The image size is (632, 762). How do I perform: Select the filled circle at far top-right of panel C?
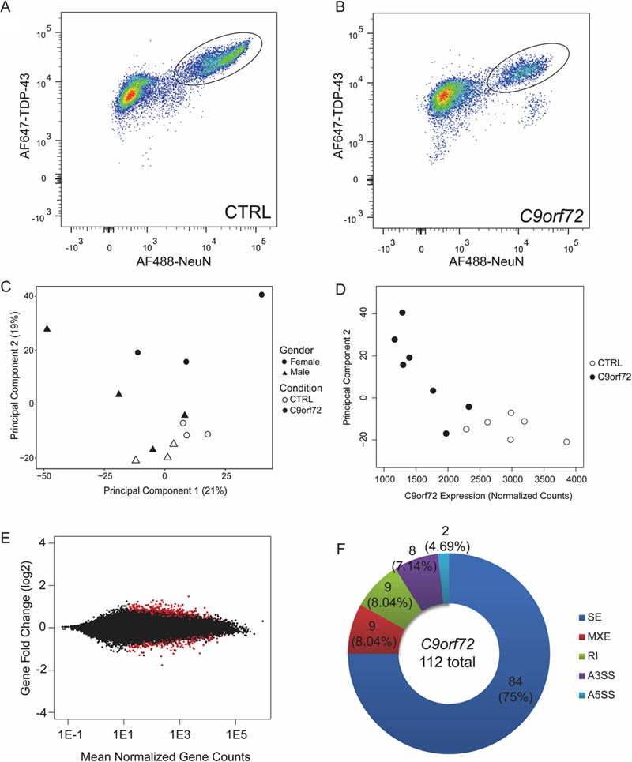pyautogui.click(x=261, y=295)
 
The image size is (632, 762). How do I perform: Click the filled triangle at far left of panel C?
pyautogui.click(x=47, y=328)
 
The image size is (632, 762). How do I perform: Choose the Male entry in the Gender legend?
pyautogui.click(x=303, y=371)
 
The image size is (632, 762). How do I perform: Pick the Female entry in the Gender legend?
pyautogui.click(x=306, y=359)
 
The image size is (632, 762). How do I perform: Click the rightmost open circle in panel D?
pyautogui.click(x=566, y=442)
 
